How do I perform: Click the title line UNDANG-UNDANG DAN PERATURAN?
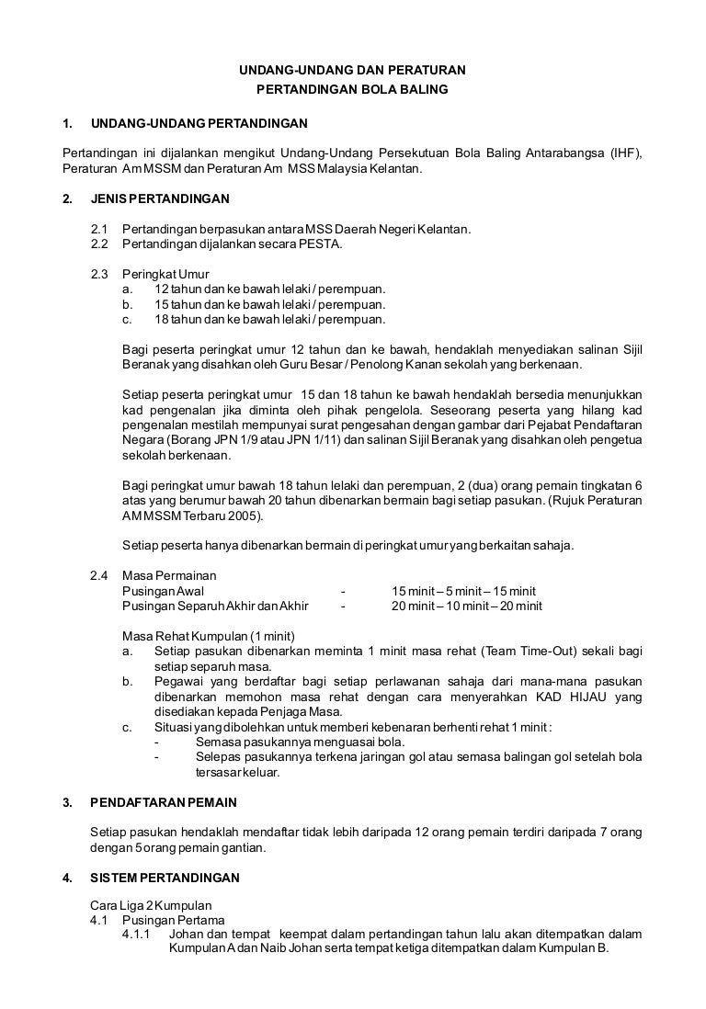(353, 69)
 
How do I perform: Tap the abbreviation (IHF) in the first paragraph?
(624, 153)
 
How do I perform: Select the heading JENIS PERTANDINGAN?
(160, 198)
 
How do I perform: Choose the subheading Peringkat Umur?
(165, 274)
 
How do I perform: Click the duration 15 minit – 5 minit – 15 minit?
(463, 591)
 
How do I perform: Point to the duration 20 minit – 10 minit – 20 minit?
(466, 606)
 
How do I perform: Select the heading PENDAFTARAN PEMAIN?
(164, 802)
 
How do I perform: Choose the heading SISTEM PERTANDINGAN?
(165, 877)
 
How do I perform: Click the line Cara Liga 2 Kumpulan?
(151, 906)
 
